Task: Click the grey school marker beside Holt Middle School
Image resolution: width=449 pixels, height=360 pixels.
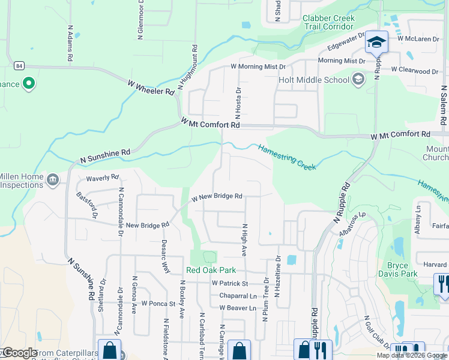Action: click(x=358, y=79)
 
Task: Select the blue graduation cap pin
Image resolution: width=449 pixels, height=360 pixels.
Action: click(x=376, y=42)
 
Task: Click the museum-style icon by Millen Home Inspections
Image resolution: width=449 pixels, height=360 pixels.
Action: click(x=52, y=179)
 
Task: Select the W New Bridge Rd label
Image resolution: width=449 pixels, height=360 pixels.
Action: click(x=217, y=197)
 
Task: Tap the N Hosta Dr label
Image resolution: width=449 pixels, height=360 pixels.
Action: click(x=238, y=100)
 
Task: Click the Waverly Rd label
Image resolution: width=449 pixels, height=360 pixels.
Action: click(x=103, y=178)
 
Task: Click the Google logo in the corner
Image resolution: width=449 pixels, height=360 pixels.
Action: click(x=19, y=353)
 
